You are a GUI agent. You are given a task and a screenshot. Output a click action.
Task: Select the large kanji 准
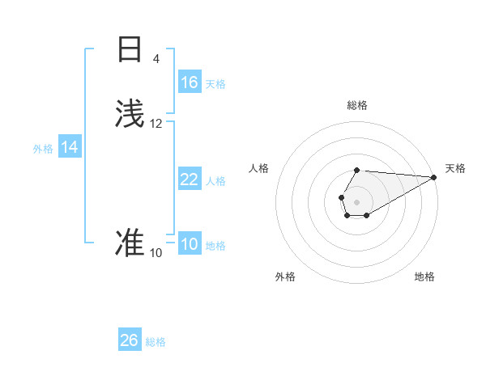130,243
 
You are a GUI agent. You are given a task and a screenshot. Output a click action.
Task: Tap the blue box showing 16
190,82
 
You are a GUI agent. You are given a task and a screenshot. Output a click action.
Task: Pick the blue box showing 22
190,179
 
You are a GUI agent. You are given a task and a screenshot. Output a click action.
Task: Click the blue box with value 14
70,148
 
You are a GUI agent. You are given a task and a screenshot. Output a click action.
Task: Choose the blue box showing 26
130,340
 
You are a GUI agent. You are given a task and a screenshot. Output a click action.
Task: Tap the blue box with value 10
190,245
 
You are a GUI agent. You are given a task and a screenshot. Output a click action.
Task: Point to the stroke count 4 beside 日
156,59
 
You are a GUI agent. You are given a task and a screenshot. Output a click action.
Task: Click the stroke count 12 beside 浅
156,124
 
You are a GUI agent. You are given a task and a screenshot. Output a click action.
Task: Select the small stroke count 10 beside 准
156,253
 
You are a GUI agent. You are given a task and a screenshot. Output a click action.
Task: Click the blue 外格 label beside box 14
43,149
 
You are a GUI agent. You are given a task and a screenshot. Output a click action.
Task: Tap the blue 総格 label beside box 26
156,342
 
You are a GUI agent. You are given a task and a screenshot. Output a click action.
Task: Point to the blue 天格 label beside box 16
215,84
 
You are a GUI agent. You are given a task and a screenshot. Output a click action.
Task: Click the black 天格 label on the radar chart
455,168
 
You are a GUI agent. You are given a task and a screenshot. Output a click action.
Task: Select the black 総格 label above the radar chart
357,105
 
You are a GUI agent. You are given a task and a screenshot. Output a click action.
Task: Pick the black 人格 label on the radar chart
259,168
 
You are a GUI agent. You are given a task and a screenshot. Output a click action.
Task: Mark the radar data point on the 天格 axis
434,177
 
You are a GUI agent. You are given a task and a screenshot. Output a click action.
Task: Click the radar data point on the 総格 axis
357,171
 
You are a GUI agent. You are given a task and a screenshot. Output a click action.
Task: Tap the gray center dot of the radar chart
357,201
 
